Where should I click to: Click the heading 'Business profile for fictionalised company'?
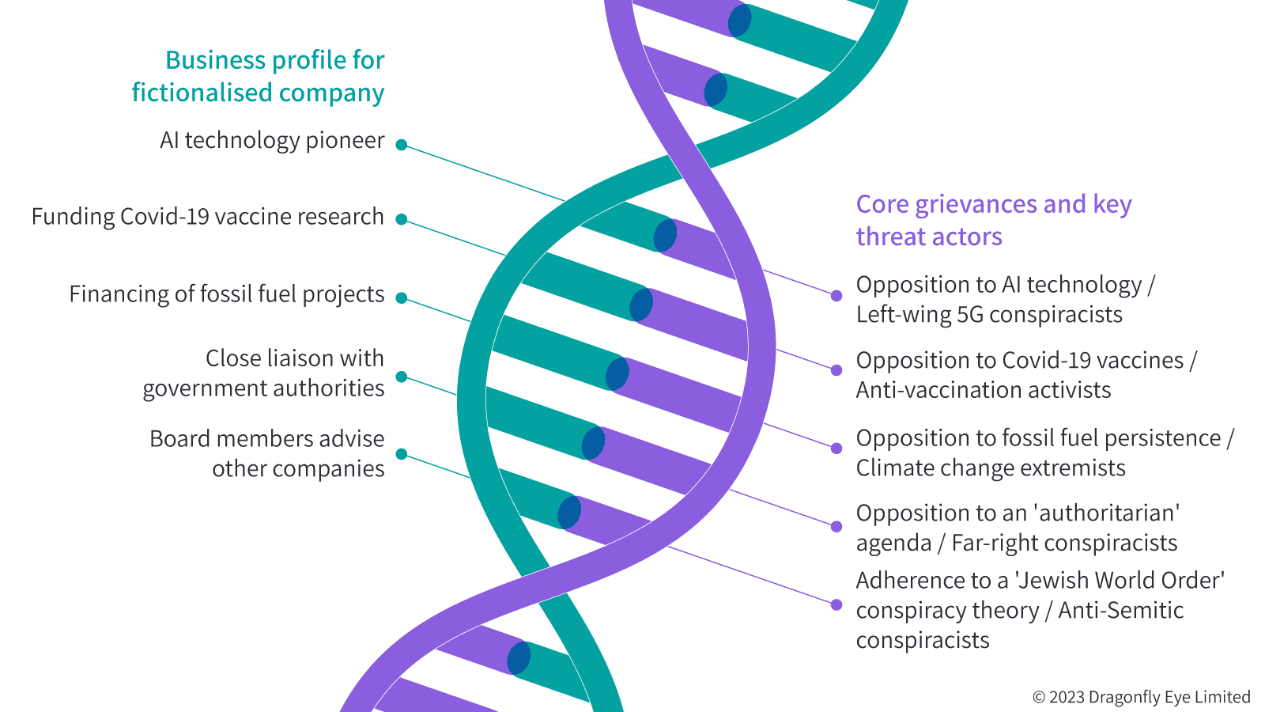click(x=258, y=76)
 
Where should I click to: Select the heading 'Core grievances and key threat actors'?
click(x=994, y=221)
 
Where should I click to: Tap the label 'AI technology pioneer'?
click(x=272, y=140)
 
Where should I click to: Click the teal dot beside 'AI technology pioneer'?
click(x=402, y=146)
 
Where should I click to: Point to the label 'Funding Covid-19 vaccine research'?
click(x=208, y=217)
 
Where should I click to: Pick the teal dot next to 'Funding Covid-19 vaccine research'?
click(x=402, y=220)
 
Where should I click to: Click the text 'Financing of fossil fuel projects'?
click(x=227, y=294)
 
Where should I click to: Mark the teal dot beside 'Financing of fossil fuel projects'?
click(x=402, y=298)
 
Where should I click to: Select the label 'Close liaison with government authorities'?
click(x=264, y=373)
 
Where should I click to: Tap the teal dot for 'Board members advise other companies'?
click(x=402, y=454)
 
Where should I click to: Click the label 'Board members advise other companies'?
click(x=267, y=454)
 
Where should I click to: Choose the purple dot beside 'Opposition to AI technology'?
click(x=836, y=296)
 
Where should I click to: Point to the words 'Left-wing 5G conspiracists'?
click(x=989, y=315)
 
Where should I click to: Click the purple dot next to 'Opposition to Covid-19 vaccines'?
click(x=836, y=370)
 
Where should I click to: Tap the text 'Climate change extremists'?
click(x=991, y=468)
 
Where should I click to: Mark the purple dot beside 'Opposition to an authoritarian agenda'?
click(x=836, y=527)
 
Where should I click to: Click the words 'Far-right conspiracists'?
click(x=1064, y=543)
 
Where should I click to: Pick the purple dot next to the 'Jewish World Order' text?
click(x=836, y=605)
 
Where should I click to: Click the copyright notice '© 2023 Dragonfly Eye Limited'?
click(x=1142, y=697)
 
